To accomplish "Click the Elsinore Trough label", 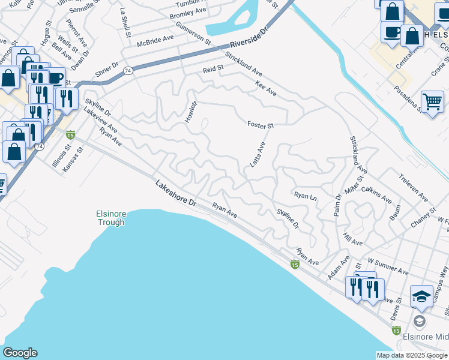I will [x=110, y=218].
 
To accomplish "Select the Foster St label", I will [x=261, y=125].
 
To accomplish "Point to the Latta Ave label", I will [x=258, y=155].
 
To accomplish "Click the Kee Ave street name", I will [x=266, y=89].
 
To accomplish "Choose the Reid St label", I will [x=212, y=70].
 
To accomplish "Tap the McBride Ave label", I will [x=155, y=37].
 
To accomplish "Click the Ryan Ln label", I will [x=305, y=196].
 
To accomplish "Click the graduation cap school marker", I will [x=421, y=296].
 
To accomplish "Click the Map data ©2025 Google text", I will [x=412, y=355].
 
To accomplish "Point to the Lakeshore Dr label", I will [x=176, y=194].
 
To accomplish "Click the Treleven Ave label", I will [x=414, y=188].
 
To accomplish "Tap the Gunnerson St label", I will [x=193, y=34].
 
